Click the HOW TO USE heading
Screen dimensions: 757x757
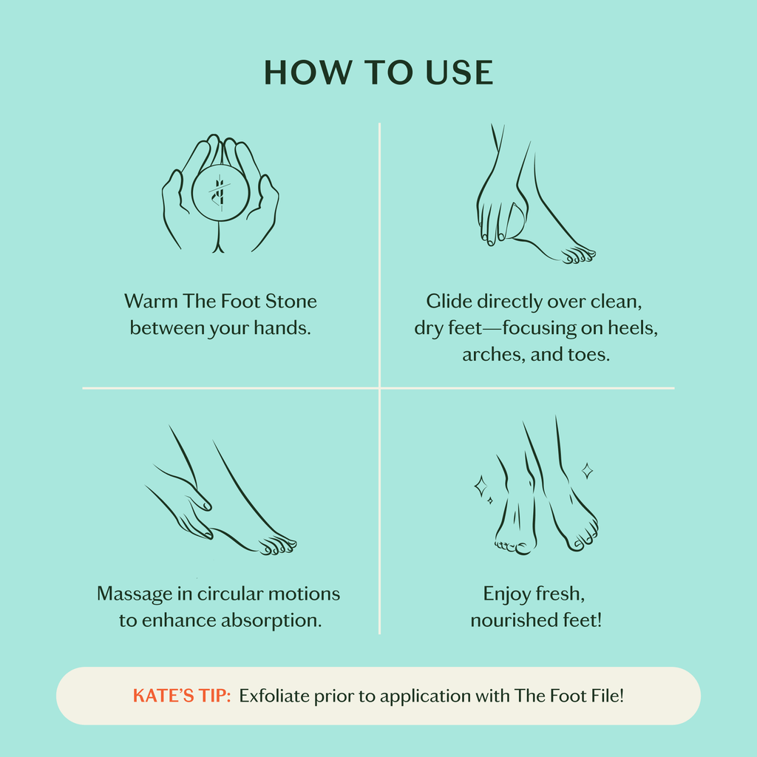[378, 72]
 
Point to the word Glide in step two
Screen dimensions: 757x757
[448, 302]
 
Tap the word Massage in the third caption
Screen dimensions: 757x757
[131, 594]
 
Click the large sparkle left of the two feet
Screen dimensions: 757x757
[481, 486]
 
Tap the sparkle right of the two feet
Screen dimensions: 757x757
[587, 470]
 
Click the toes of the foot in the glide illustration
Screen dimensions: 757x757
[578, 256]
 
